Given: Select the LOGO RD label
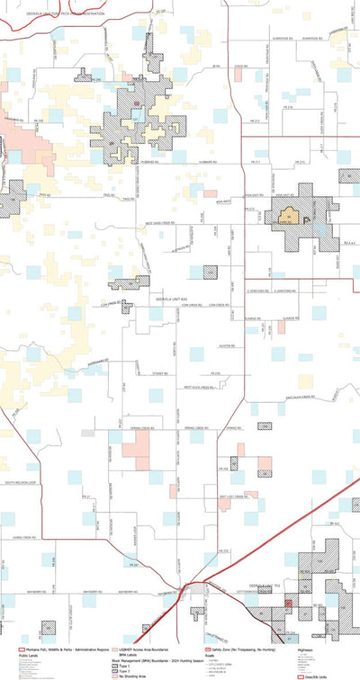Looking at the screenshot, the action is tap(239, 66).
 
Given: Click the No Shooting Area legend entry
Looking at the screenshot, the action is tap(126, 674).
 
